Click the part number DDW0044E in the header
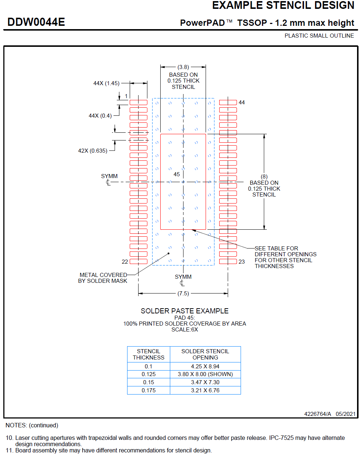(36, 22)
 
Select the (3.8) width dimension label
(183, 67)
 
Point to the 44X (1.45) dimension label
(106, 83)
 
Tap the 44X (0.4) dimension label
(100, 116)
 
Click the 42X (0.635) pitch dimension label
(92, 151)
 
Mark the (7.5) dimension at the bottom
(183, 294)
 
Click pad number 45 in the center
(177, 174)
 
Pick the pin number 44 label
(242, 103)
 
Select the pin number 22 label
(125, 262)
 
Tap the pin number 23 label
(242, 262)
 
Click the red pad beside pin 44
(228, 103)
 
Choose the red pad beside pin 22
(139, 261)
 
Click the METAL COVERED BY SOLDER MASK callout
(102, 278)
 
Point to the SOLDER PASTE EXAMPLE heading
(185, 311)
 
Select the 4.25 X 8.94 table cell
(205, 367)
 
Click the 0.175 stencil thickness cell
(148, 390)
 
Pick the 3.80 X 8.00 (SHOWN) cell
(205, 374)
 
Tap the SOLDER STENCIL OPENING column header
(205, 354)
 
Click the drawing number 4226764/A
(318, 414)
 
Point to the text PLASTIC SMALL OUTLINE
(319, 36)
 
